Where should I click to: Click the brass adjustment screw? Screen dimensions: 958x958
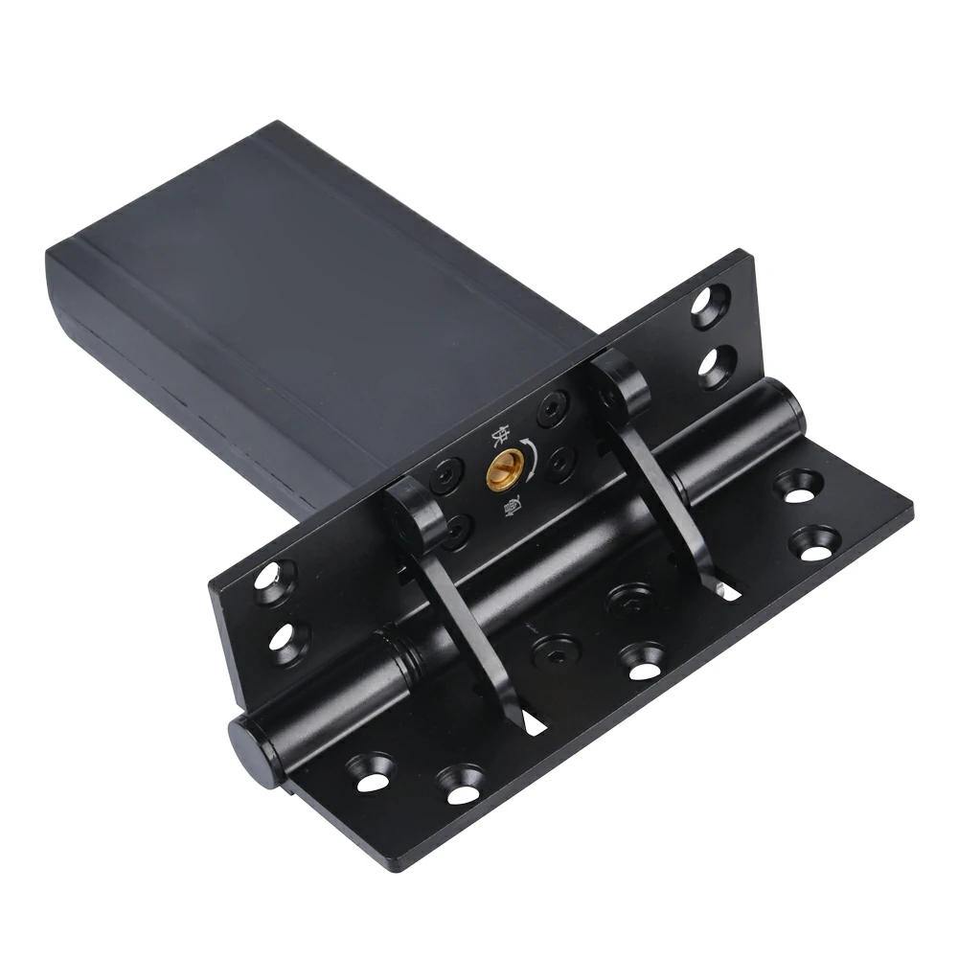(504, 468)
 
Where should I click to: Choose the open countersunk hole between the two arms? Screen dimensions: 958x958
(640, 662)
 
